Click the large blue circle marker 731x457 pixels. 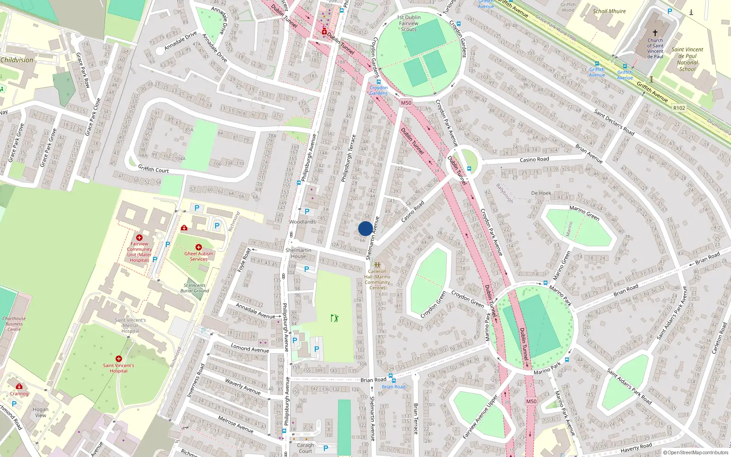click(365, 228)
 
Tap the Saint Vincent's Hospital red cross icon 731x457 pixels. click(119, 359)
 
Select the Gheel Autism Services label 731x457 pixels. click(198, 256)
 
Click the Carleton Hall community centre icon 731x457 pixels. click(377, 265)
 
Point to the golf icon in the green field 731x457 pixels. click(334, 318)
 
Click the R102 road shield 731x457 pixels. click(679, 108)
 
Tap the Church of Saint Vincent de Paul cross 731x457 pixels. click(655, 33)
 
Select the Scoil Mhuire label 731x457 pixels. click(609, 11)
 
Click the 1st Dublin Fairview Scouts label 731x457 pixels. click(408, 23)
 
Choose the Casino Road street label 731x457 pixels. click(534, 159)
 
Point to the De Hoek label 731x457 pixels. click(541, 193)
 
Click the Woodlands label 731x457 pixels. click(302, 222)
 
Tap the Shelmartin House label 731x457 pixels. click(298, 253)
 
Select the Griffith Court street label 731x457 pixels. click(154, 169)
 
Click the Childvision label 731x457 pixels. click(17, 60)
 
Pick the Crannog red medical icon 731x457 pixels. click(19, 386)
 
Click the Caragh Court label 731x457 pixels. click(305, 448)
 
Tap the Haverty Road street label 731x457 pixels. click(636, 448)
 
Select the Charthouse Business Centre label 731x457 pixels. click(14, 324)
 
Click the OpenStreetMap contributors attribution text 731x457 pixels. click(696, 453)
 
